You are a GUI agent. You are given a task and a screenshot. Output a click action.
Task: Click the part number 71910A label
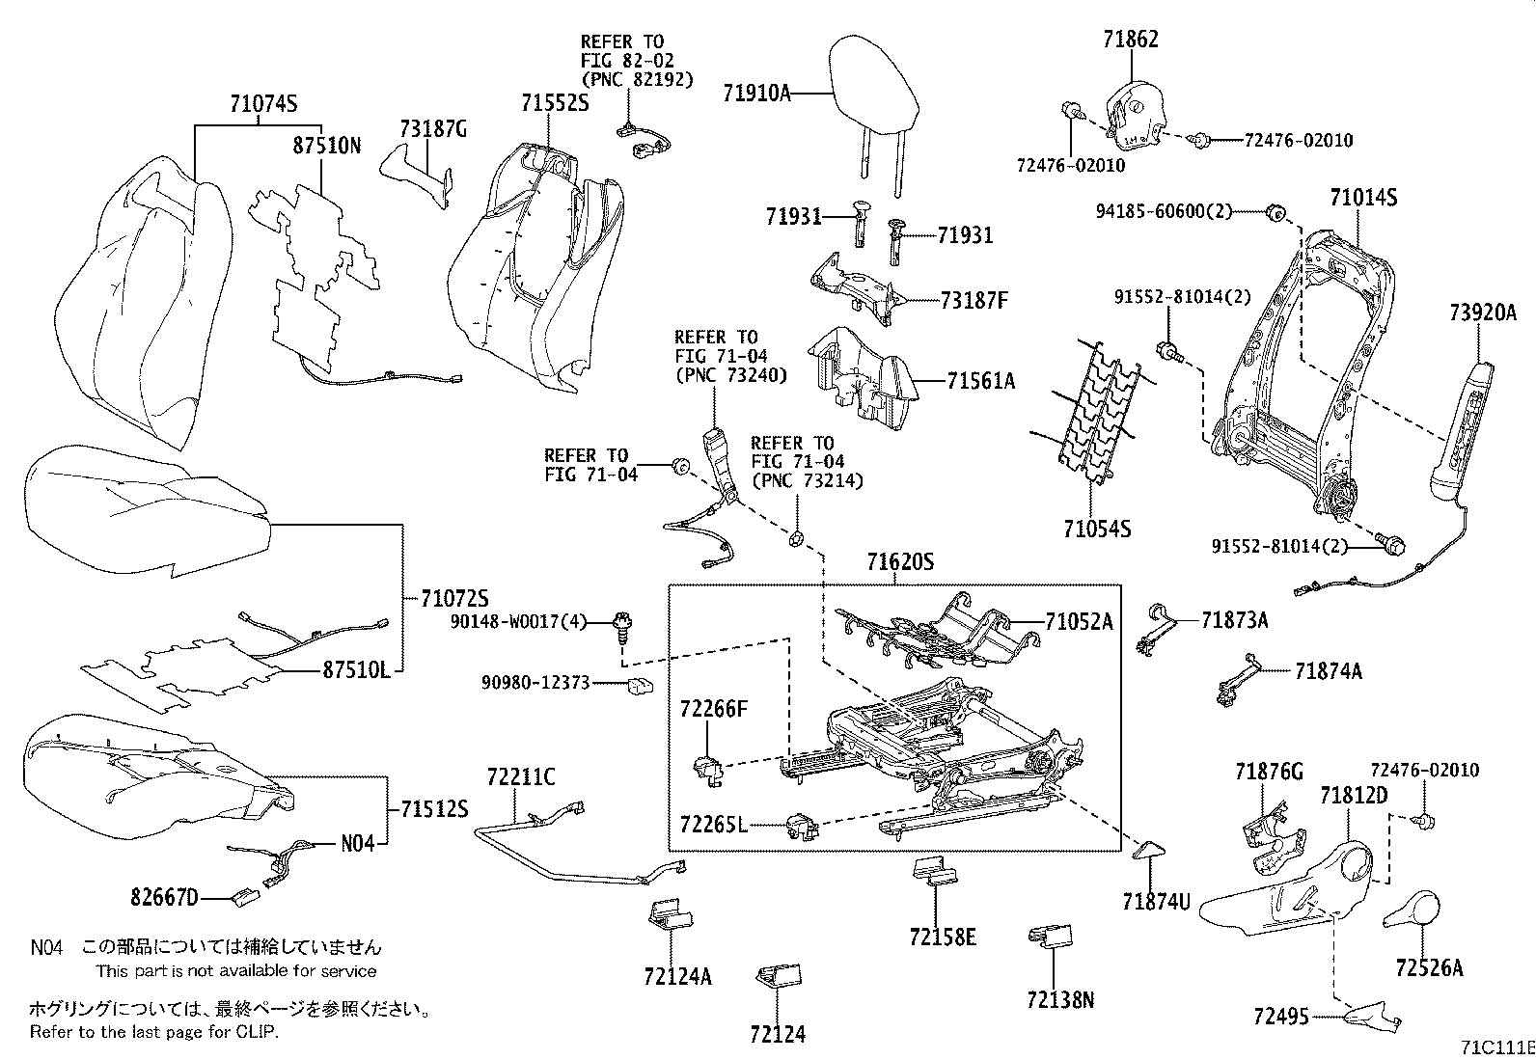pos(756,94)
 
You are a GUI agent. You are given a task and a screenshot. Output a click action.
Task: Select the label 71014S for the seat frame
pos(1363,198)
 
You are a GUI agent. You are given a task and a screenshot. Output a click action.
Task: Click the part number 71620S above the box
pos(899,562)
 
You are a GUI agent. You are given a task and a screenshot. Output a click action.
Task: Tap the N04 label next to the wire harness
pos(357,843)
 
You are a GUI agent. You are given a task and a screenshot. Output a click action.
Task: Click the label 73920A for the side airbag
pos(1482,313)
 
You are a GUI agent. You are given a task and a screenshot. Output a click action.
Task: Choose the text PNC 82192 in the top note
pos(637,79)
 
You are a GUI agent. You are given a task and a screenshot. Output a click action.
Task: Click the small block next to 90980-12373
pos(640,685)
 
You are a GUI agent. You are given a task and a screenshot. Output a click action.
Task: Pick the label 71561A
pos(980,381)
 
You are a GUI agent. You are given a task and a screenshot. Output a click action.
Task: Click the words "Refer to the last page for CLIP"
pos(152,1032)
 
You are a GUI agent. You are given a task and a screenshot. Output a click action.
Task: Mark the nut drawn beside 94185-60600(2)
pos(1273,210)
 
